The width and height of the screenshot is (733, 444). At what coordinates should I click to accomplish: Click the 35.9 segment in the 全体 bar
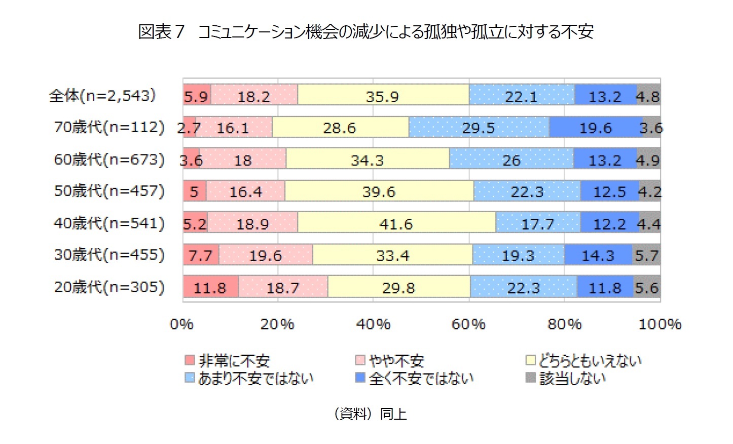pyautogui.click(x=383, y=96)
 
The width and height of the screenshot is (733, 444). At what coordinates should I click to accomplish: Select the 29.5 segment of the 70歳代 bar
pyautogui.click(x=478, y=128)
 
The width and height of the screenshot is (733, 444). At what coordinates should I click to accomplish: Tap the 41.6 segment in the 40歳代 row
pyautogui.click(x=396, y=223)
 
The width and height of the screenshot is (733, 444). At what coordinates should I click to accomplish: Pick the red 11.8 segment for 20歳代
pyautogui.click(x=210, y=288)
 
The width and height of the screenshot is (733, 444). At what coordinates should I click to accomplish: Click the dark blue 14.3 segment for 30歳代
pyautogui.click(x=598, y=255)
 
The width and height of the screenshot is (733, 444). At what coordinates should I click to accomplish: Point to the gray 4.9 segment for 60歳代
pyautogui.click(x=648, y=160)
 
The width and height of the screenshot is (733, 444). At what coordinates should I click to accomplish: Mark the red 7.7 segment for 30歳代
pyautogui.click(x=201, y=255)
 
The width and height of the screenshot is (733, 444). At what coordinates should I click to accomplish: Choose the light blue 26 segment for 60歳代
pyautogui.click(x=511, y=160)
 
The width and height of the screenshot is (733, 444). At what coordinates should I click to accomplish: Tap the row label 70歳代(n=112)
pyautogui.click(x=109, y=127)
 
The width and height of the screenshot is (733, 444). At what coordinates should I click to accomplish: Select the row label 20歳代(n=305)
pyautogui.click(x=109, y=287)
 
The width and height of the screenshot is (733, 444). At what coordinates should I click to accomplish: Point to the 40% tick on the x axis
pyautogui.click(x=373, y=324)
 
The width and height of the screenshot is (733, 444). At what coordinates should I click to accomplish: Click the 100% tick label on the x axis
pyautogui.click(x=659, y=324)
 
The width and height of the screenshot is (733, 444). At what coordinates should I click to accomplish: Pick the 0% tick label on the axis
pyautogui.click(x=182, y=324)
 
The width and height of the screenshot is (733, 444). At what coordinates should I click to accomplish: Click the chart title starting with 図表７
pyautogui.click(x=365, y=31)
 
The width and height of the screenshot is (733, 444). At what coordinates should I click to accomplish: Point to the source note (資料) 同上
pyautogui.click(x=370, y=414)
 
